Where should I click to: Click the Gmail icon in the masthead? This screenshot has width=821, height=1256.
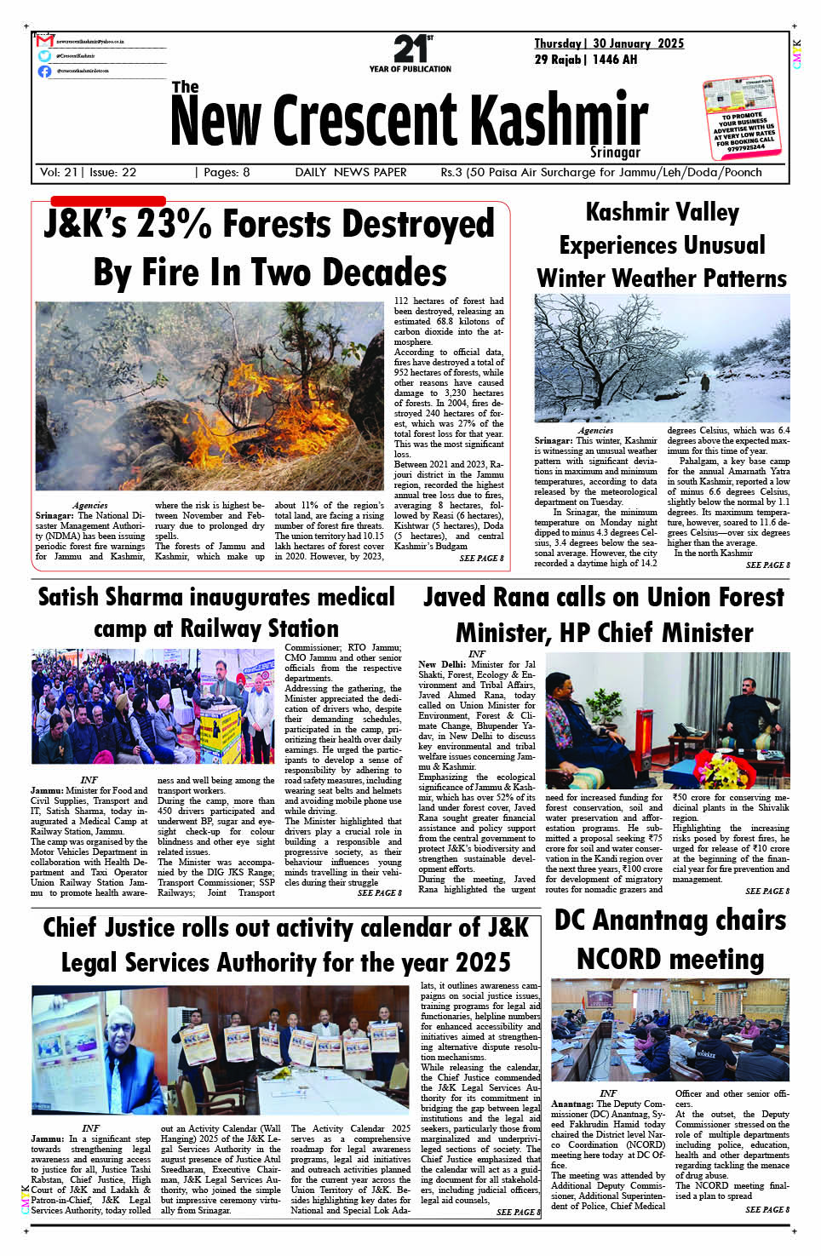(x=45, y=41)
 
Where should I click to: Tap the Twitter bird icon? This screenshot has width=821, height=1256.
(x=44, y=56)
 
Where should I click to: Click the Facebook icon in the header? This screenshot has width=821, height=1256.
(x=44, y=72)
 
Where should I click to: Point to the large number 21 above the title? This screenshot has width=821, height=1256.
(x=410, y=49)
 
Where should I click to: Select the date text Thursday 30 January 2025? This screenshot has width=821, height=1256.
(x=608, y=43)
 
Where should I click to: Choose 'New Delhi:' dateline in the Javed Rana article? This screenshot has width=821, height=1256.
(x=441, y=664)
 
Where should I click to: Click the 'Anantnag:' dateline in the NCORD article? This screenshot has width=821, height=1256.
(x=572, y=1104)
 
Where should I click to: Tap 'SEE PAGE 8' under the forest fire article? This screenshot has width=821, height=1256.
(x=481, y=559)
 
